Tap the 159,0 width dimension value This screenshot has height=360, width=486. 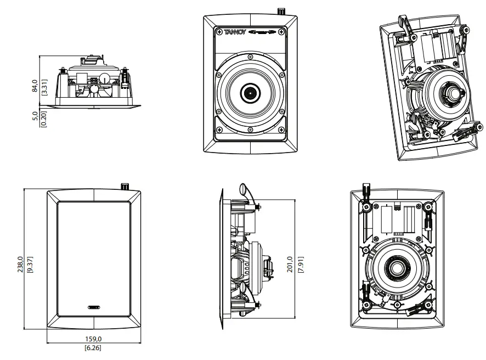[92, 339]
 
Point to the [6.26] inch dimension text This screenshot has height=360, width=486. [92, 347]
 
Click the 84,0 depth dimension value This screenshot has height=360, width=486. [35, 85]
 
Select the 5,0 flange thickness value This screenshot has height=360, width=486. [35, 117]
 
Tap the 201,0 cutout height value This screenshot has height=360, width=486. [290, 265]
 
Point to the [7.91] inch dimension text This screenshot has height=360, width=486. [300, 265]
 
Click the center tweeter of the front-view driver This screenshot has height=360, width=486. [250, 93]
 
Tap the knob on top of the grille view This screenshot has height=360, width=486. [124, 186]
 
